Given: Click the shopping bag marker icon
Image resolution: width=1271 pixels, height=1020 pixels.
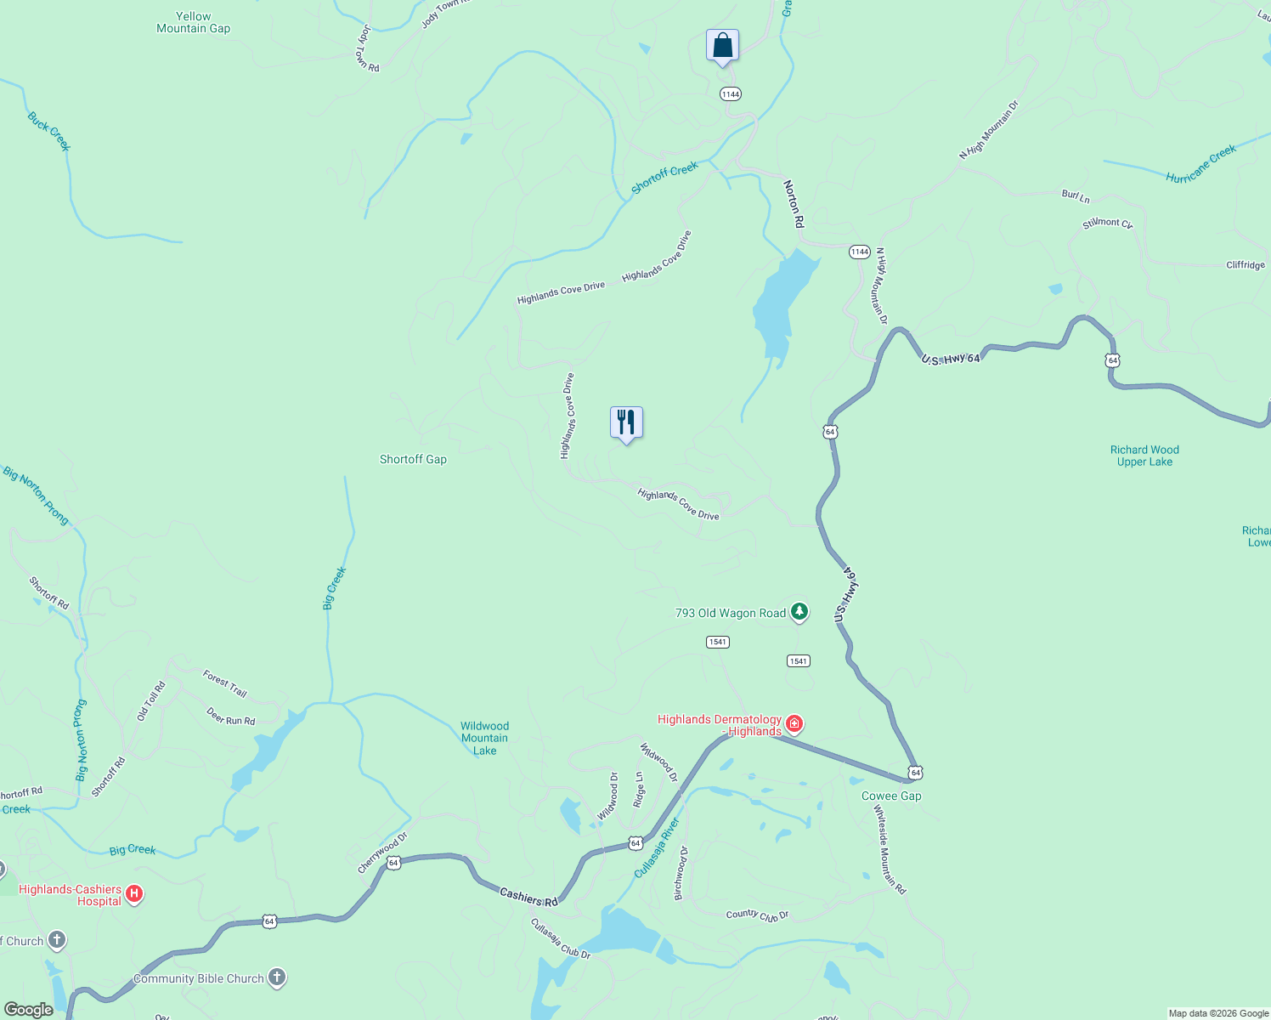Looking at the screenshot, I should click(722, 45).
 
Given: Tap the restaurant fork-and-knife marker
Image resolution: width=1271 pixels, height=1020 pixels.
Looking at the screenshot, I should click(626, 422).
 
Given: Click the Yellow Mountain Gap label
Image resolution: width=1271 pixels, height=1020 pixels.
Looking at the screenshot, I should click(194, 22).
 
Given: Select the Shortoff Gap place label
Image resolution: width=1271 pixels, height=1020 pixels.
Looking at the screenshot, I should click(413, 459).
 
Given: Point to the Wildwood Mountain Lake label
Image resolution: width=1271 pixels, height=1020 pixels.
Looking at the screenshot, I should click(484, 738).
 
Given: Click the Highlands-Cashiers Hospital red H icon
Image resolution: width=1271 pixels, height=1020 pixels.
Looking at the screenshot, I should click(133, 893).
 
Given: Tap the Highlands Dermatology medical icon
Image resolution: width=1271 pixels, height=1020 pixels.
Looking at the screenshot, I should click(794, 724).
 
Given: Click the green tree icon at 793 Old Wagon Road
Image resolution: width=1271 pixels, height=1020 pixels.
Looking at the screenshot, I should click(799, 611).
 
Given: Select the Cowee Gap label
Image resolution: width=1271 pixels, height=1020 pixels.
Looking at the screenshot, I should click(891, 796).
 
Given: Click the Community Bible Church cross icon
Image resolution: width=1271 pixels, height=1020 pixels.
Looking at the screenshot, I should click(277, 977).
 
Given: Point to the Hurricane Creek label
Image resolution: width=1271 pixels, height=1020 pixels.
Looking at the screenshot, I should click(1200, 164).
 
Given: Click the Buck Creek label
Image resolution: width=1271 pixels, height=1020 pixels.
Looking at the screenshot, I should click(49, 132).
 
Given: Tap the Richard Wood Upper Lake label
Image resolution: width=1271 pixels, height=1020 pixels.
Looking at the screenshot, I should click(1144, 456).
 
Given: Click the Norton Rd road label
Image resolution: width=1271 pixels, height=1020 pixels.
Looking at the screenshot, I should click(793, 204).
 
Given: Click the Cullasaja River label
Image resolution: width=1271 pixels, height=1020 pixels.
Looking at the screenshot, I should click(657, 848).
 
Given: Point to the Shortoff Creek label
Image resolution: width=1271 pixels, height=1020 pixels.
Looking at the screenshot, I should click(664, 178).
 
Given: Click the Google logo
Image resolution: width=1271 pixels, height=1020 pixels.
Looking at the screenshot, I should click(28, 1010).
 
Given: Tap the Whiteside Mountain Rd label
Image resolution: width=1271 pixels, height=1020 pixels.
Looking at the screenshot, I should click(890, 849).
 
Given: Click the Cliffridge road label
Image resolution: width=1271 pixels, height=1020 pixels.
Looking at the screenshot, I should click(1246, 265).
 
